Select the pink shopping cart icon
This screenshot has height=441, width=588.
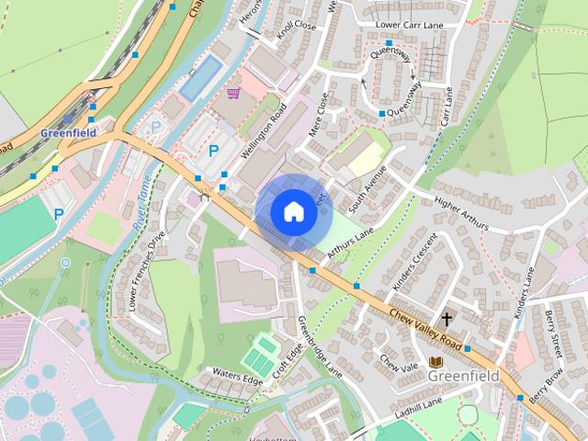[x=233, y=93]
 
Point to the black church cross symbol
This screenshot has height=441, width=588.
[x=447, y=320]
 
